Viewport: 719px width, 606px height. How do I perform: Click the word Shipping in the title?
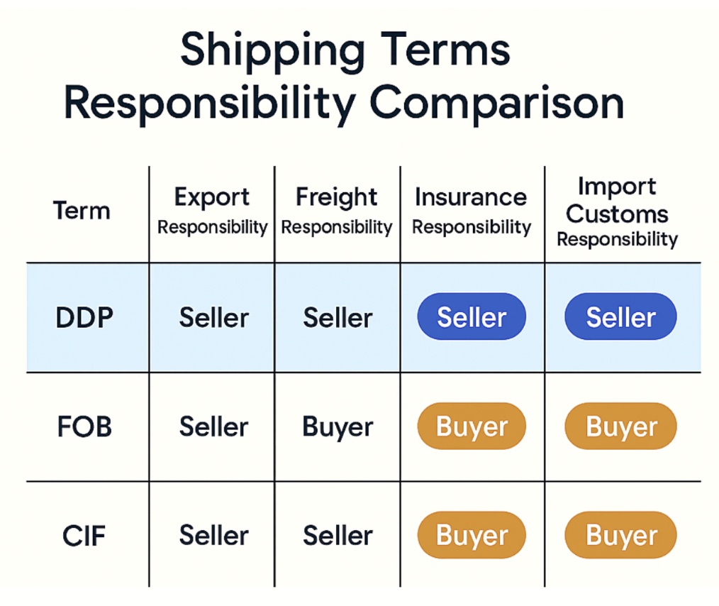tap(272, 51)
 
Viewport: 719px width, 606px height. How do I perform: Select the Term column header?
tap(82, 211)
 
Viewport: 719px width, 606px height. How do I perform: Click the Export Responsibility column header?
tap(212, 211)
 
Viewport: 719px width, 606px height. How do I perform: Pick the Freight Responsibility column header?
tap(337, 211)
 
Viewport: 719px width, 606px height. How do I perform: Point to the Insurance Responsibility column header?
tap(472, 211)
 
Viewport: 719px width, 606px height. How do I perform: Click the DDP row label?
tap(84, 317)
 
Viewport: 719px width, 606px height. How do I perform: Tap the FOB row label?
tap(84, 426)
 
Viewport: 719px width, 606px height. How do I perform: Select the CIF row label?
tap(84, 536)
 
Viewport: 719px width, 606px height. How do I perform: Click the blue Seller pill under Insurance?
tap(472, 316)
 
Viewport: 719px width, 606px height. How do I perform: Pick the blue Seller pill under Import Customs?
tap(620, 316)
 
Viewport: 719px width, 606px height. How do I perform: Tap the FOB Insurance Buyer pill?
tap(472, 426)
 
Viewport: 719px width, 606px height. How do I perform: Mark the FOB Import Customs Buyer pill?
tap(620, 426)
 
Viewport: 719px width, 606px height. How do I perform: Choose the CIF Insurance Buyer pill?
tap(472, 535)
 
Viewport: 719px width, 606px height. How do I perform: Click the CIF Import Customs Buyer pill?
tap(620, 535)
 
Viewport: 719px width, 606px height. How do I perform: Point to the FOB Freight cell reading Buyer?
tap(338, 428)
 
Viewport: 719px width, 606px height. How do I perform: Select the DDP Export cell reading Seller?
tap(213, 317)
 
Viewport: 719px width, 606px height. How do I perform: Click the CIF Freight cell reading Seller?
tap(338, 536)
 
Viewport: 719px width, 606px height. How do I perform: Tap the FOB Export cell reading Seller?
tap(213, 426)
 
